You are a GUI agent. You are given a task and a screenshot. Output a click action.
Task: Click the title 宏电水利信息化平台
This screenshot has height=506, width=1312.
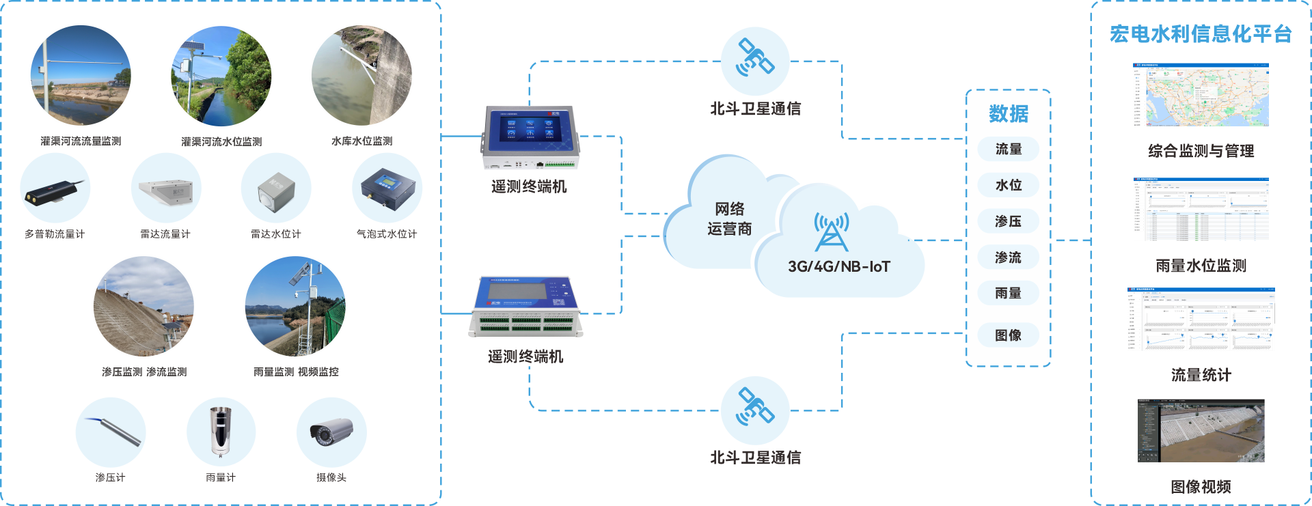point(1200,34)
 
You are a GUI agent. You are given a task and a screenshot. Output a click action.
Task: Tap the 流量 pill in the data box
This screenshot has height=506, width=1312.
point(1008,149)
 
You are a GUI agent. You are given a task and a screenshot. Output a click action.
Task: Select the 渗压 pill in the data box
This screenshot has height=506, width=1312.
point(1008,221)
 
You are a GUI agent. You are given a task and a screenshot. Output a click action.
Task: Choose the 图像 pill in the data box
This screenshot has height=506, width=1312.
point(1008,335)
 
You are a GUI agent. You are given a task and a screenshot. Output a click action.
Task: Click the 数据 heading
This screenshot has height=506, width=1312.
point(1008,113)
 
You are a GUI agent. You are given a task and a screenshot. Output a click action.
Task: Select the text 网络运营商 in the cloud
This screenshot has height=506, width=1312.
point(729,219)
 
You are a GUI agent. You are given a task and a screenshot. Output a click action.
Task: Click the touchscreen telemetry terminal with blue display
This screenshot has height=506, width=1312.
point(530,137)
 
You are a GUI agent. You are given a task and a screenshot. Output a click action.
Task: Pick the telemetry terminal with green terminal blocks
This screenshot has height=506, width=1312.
point(525,307)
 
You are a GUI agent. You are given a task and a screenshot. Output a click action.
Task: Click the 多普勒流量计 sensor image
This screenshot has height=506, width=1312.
point(55,191)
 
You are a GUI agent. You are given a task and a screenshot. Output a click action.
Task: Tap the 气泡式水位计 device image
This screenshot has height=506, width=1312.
point(387,188)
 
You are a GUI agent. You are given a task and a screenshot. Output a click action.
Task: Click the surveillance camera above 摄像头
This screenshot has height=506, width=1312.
point(331,432)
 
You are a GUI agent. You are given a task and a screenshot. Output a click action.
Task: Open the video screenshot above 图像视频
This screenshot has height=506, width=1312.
point(1201,431)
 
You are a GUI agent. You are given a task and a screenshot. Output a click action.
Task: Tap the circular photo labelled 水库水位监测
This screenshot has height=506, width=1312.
point(361,76)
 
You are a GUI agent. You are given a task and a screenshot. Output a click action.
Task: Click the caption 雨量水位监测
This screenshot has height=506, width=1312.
point(1201,266)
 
